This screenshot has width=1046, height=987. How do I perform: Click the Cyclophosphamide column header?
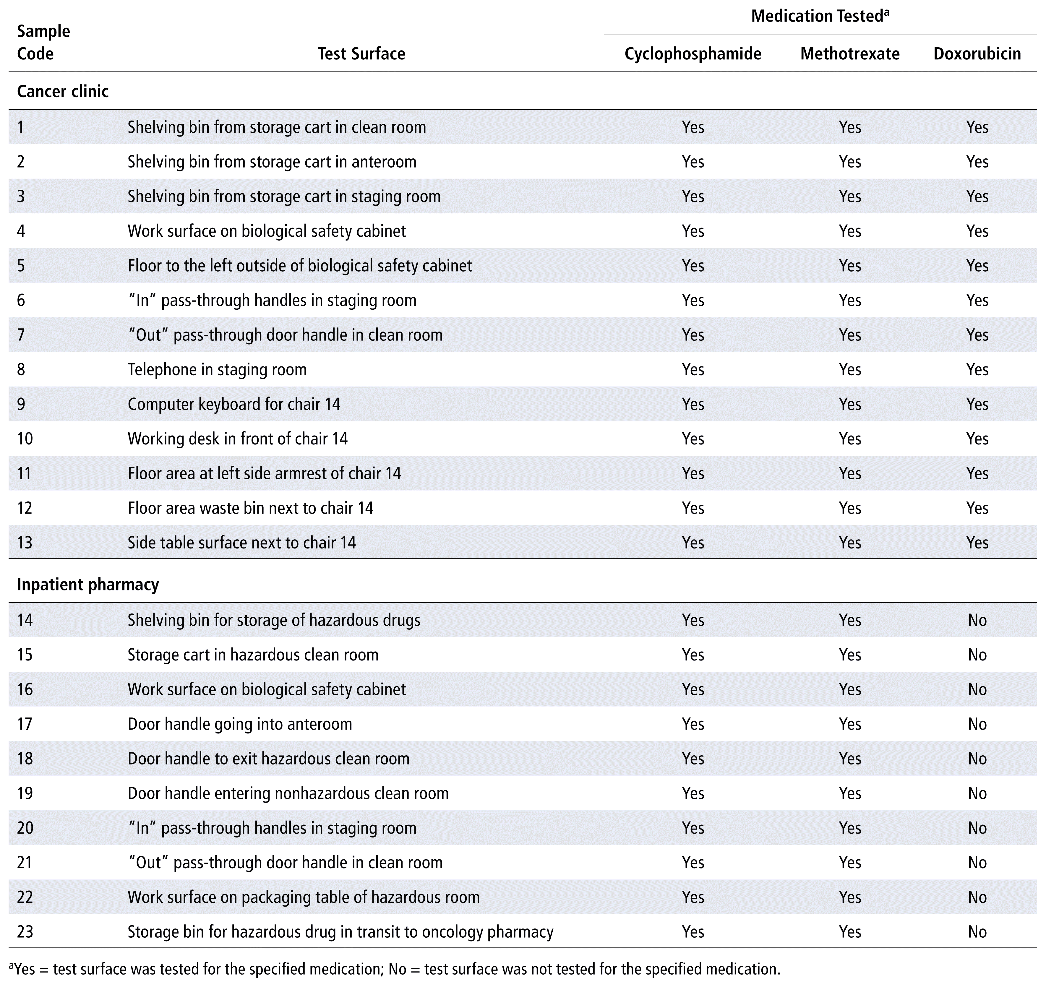[x=693, y=54]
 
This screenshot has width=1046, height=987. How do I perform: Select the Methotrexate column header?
[x=850, y=54]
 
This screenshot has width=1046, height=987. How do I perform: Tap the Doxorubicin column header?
[x=977, y=54]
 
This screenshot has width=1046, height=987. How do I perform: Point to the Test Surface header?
[x=361, y=54]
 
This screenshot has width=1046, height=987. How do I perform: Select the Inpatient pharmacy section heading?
[x=88, y=585]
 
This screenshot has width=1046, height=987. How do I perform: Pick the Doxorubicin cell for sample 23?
[x=977, y=932]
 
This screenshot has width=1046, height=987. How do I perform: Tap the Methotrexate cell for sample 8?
[x=850, y=369]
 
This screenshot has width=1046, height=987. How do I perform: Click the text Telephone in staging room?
[x=217, y=369]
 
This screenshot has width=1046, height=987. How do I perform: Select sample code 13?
[x=25, y=543]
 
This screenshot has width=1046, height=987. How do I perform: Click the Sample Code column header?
[x=43, y=42]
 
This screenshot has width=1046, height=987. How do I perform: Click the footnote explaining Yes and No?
[x=395, y=969]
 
